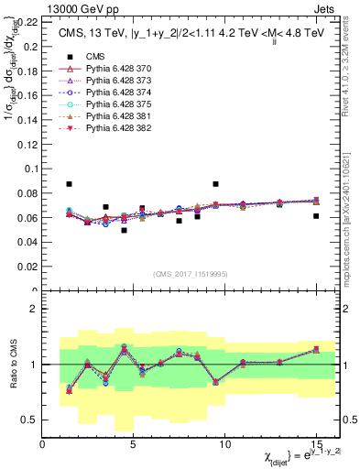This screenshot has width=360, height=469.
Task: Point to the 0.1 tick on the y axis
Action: pos(32,165)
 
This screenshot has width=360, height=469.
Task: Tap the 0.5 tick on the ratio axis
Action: pos(33,420)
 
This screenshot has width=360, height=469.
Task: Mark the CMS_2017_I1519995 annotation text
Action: pos(189,272)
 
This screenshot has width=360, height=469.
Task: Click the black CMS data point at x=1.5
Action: pos(70,184)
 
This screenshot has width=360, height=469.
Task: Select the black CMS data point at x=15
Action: pos(316,216)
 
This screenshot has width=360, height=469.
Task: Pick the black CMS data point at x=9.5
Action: pos(215,184)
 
